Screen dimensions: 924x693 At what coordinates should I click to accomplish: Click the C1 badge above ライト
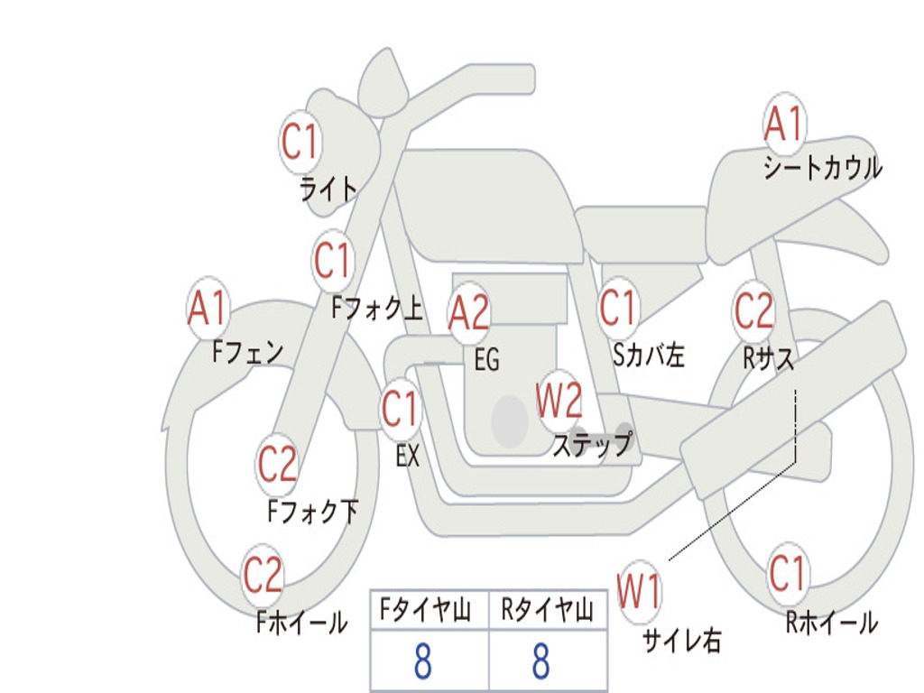(x=300, y=142)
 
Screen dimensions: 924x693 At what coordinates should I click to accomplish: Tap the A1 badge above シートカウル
(x=784, y=124)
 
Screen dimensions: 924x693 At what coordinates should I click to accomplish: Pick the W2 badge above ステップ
(x=559, y=400)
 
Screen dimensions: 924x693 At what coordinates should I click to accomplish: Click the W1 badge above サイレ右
(x=640, y=593)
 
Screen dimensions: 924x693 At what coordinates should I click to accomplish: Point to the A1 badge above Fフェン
(x=208, y=309)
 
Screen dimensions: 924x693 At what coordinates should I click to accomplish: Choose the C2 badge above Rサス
(x=753, y=310)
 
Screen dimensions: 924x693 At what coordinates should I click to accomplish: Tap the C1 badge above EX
(x=401, y=410)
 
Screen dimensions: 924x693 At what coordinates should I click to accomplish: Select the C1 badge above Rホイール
(x=787, y=574)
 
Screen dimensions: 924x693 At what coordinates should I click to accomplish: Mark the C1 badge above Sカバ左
(x=619, y=309)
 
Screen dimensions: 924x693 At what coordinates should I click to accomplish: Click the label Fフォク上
(x=376, y=310)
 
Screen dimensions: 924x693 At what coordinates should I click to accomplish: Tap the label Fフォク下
(x=313, y=513)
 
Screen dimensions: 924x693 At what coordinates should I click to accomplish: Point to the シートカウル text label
(x=822, y=168)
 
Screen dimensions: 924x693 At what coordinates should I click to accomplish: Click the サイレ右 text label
(x=681, y=641)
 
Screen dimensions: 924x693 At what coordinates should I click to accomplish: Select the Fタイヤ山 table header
(x=429, y=612)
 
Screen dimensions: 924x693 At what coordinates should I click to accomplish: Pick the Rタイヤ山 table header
(x=547, y=612)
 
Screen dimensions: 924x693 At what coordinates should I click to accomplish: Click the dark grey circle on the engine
(x=509, y=420)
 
